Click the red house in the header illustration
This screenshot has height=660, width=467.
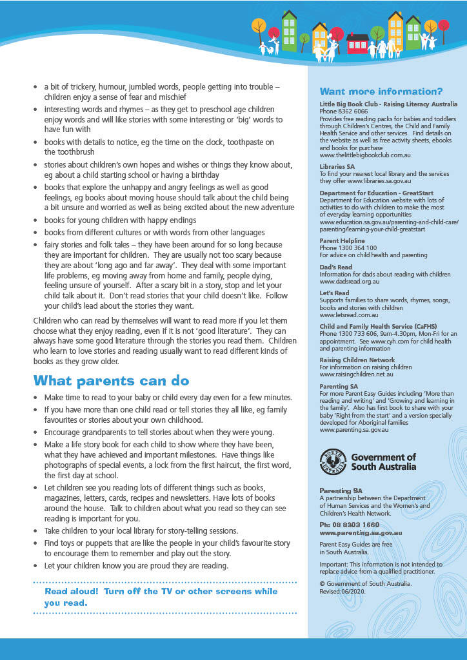[357, 44]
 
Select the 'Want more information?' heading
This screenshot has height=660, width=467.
[381, 92]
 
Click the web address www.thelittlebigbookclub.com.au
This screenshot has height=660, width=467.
[365, 155]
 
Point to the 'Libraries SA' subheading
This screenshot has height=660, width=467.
[337, 166]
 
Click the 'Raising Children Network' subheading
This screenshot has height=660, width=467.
[357, 360]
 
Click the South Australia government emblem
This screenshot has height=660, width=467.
[333, 461]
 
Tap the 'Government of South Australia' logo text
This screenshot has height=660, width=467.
[383, 461]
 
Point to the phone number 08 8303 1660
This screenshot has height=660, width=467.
[350, 525]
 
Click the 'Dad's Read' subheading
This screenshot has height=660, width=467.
[336, 267]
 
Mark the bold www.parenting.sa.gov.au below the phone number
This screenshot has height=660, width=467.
[361, 533]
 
